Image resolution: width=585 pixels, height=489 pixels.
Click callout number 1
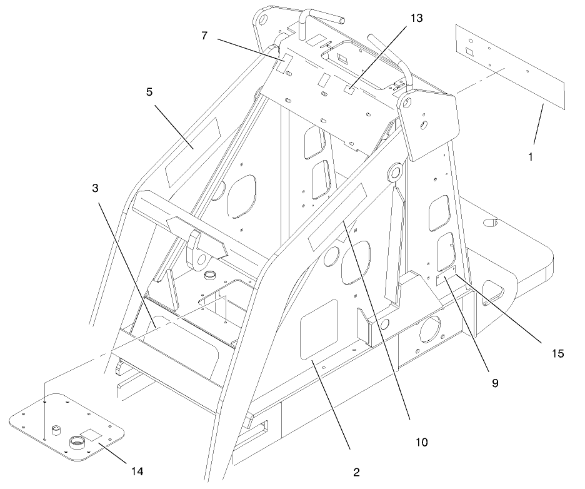coord(530,157)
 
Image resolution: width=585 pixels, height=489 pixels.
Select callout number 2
coord(356,472)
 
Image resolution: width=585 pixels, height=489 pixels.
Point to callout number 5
coord(149,92)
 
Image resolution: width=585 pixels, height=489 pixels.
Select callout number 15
coord(558,353)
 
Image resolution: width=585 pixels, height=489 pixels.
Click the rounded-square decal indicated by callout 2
coord(319,330)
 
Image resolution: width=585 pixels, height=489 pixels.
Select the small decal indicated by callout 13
coord(350,92)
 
